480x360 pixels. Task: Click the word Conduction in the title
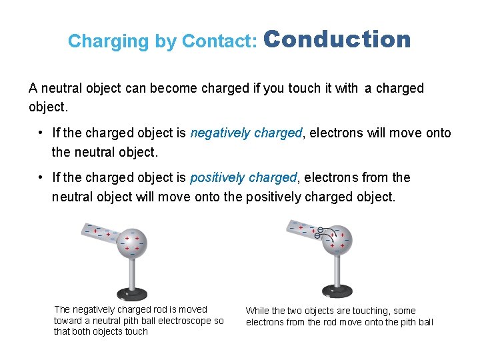tap(338, 39)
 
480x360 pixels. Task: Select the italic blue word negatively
tap(218, 133)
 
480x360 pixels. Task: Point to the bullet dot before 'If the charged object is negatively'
tap(41, 133)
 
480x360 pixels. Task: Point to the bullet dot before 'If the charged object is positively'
tap(41, 177)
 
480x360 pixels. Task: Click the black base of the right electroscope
tap(337, 291)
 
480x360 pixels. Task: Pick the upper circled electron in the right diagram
tap(320, 229)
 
